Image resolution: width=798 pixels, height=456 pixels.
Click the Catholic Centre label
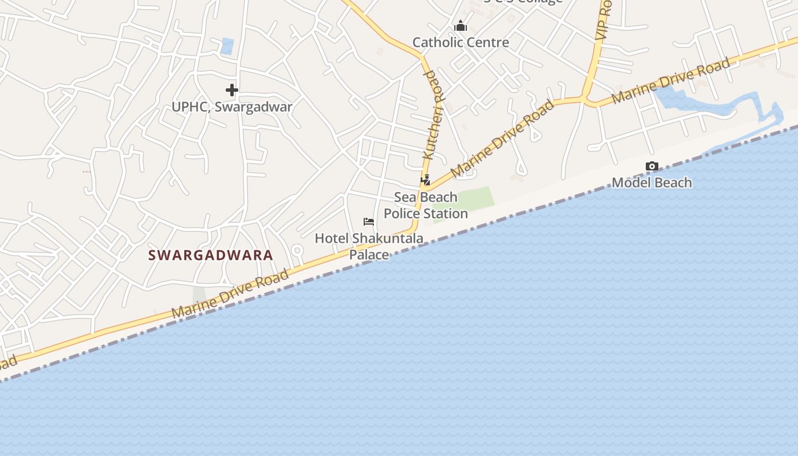pos(461,42)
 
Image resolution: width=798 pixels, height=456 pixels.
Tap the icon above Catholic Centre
pos(461,26)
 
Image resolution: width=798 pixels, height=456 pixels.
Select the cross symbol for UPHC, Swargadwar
pos(232,89)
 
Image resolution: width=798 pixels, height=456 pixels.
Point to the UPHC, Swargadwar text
pos(232,107)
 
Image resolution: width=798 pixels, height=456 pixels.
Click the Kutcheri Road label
pos(433,115)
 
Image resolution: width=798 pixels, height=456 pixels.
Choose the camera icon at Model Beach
pos(652,166)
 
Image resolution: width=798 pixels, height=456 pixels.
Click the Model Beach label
pos(652,182)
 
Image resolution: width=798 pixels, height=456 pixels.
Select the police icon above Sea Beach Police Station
pos(425,180)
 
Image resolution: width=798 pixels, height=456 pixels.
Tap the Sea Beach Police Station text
pos(426,205)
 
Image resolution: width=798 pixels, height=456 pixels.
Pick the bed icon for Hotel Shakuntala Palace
pos(369,222)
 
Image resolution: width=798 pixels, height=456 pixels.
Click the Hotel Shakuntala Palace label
pos(369,246)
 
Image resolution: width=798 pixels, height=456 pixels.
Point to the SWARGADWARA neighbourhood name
pos(211,255)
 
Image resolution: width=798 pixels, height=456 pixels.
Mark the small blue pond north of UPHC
pos(227,46)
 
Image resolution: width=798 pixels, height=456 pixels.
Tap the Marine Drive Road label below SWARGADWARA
pos(230,295)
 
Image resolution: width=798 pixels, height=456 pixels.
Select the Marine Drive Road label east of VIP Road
pos(670,80)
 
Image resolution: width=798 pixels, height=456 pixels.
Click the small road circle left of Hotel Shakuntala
pos(296,250)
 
